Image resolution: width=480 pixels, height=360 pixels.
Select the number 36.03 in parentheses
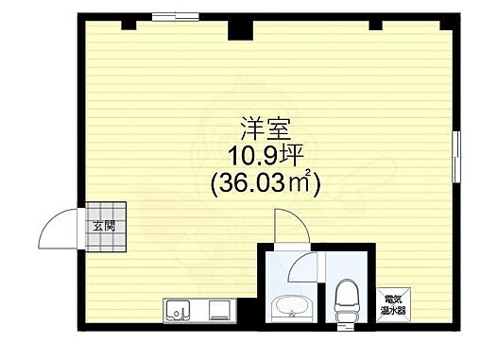252,182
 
